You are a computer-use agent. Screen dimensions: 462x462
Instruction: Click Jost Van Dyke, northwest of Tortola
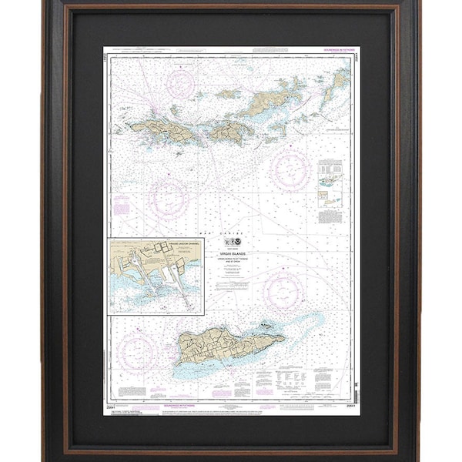coord(228,94)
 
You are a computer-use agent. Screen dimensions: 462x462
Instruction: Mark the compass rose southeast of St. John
coord(289,169)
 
